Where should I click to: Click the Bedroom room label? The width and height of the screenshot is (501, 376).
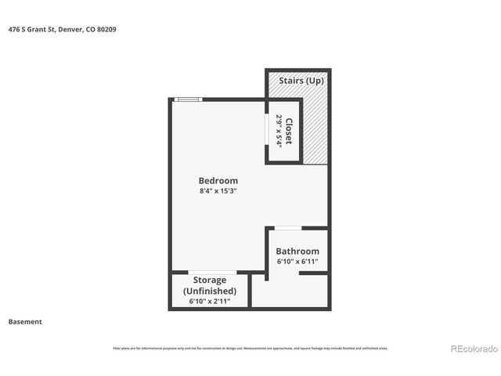click(218, 180)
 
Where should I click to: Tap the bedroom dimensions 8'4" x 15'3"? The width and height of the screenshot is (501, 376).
click(218, 190)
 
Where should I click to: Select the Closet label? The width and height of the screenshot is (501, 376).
click(288, 131)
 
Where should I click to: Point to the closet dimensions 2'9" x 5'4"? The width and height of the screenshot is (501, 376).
click(278, 131)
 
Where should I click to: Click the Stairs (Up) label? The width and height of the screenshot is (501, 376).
click(296, 80)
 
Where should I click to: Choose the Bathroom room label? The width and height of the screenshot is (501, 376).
click(297, 251)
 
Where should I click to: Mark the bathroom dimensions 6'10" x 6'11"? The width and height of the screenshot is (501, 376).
click(297, 262)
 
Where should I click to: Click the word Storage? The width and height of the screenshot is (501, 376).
click(210, 280)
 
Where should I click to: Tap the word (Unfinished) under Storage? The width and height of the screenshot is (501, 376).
click(210, 290)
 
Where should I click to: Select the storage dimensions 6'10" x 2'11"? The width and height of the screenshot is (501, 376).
click(210, 301)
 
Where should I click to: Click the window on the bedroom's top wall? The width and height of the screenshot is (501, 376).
click(188, 99)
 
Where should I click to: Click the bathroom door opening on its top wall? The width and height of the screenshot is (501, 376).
click(288, 228)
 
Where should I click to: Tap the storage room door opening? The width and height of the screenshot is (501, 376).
click(213, 272)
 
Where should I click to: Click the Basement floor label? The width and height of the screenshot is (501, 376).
click(25, 321)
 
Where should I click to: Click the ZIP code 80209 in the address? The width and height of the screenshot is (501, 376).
click(108, 30)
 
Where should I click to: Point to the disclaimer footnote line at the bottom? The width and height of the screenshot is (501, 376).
click(250, 349)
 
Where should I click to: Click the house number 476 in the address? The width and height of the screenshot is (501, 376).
click(14, 30)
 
